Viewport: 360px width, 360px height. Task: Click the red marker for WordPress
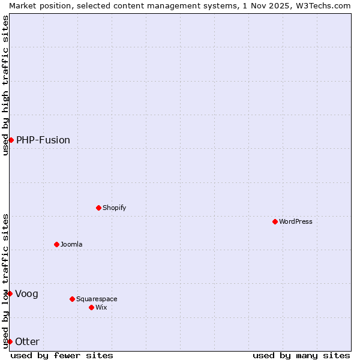pyautogui.click(x=275, y=221)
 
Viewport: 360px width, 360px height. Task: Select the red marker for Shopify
pyautogui.click(x=98, y=208)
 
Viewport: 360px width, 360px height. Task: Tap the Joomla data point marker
pyautogui.click(x=56, y=244)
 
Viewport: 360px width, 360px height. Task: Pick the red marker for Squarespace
pyautogui.click(x=72, y=299)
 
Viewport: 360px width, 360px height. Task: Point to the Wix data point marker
pyautogui.click(x=91, y=307)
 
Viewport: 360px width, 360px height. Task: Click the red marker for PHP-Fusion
pyautogui.click(x=11, y=140)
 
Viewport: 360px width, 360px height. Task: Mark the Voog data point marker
pyautogui.click(x=10, y=293)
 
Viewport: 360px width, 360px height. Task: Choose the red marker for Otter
pyautogui.click(x=10, y=341)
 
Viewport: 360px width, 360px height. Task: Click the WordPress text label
pyautogui.click(x=296, y=221)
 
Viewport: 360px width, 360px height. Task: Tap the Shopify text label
pyautogui.click(x=114, y=208)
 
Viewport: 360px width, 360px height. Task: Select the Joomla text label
pyautogui.click(x=71, y=244)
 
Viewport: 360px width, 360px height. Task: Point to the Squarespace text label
pyautogui.click(x=97, y=299)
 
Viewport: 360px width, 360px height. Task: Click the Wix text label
pyautogui.click(x=101, y=307)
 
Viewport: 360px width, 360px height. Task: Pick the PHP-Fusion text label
pyautogui.click(x=43, y=140)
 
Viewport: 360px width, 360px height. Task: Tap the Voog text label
pyautogui.click(x=27, y=293)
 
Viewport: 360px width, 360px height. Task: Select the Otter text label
pyautogui.click(x=28, y=341)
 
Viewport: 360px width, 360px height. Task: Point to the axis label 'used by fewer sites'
pyautogui.click(x=62, y=355)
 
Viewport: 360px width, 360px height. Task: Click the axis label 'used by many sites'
pyautogui.click(x=301, y=355)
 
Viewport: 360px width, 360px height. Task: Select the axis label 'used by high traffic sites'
pyautogui.click(x=5, y=85)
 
